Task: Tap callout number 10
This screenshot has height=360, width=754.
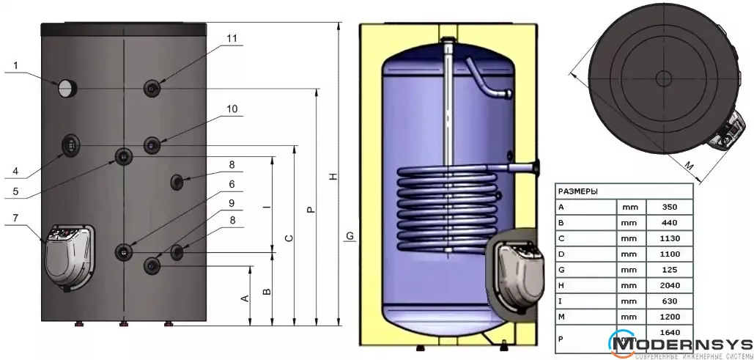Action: [x=231, y=109]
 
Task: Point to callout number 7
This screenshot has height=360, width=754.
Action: [x=16, y=218]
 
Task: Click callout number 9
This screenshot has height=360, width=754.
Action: [x=231, y=202]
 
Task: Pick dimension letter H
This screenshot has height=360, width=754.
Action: [x=333, y=178]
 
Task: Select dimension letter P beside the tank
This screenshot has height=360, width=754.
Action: [x=311, y=210]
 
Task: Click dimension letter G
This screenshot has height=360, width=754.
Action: [x=350, y=235]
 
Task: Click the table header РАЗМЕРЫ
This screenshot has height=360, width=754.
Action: [x=577, y=191]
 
